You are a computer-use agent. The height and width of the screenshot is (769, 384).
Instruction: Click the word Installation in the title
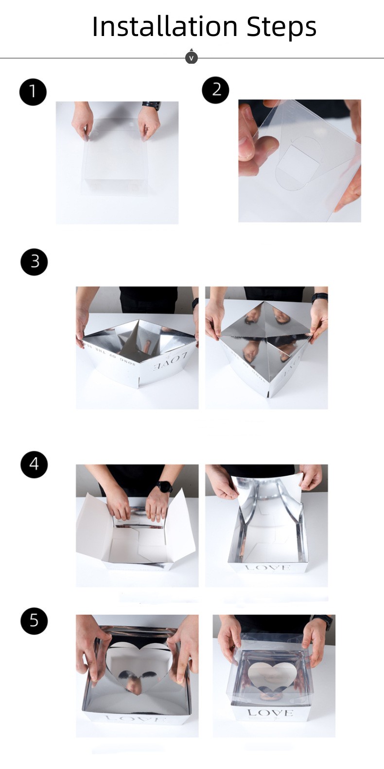tap(165, 26)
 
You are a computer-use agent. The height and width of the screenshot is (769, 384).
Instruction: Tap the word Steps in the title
tap(281, 27)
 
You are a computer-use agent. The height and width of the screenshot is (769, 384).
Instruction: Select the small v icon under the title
tap(192, 58)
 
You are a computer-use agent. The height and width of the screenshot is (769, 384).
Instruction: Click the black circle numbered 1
tap(33, 91)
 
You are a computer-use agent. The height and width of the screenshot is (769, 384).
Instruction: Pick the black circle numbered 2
tap(215, 89)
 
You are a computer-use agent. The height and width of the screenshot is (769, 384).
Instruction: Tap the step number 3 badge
tap(34, 262)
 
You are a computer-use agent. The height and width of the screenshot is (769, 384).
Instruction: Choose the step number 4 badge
tap(34, 464)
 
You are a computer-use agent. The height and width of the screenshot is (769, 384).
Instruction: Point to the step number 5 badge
tap(34, 621)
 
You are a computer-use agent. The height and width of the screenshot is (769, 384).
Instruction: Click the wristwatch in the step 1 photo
tap(151, 106)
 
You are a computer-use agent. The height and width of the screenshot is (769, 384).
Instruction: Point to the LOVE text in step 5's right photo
tap(270, 713)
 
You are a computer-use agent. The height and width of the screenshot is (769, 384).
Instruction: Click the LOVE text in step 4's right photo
tap(268, 568)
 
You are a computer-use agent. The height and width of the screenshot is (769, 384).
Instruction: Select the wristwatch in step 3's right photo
tap(319, 297)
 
